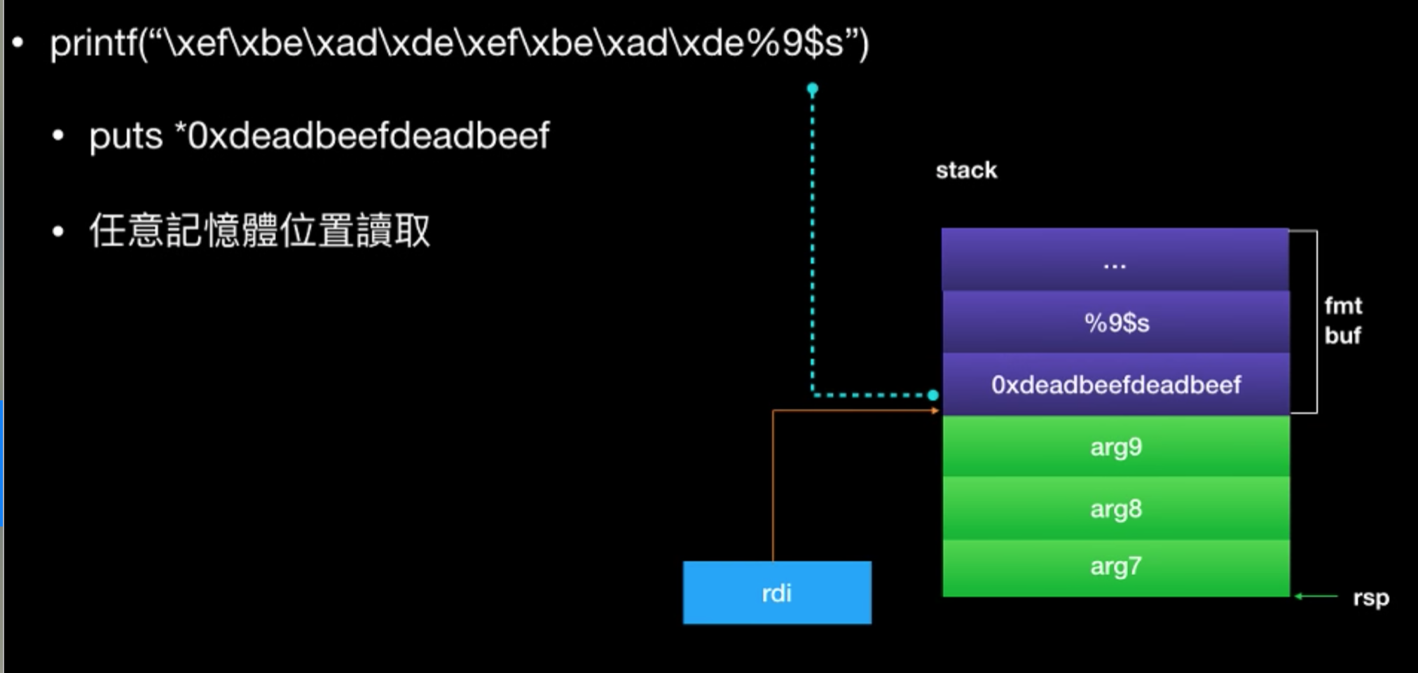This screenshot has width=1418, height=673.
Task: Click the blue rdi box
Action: (x=777, y=592)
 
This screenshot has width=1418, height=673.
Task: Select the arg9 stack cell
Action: (x=1116, y=447)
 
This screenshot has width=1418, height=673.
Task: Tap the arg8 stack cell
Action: (x=1116, y=508)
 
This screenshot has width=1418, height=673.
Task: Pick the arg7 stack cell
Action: (x=1116, y=566)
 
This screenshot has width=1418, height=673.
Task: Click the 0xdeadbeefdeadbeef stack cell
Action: (x=1116, y=384)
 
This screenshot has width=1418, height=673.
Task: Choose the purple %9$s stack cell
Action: (x=1116, y=322)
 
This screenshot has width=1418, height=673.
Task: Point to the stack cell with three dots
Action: (x=1115, y=261)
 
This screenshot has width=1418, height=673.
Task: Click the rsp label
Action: (x=1370, y=598)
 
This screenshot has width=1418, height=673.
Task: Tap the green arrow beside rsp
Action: (x=1315, y=597)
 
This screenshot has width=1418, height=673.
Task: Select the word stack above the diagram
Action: (x=966, y=170)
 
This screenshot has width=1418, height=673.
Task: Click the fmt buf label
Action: (x=1342, y=320)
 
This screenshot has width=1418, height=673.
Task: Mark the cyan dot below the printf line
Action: (x=813, y=89)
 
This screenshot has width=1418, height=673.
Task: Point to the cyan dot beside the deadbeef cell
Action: (x=933, y=395)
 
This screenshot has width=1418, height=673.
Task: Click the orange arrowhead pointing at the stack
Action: (x=935, y=411)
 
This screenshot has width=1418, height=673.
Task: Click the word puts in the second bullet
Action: (x=126, y=136)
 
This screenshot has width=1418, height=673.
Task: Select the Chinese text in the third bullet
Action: (x=259, y=231)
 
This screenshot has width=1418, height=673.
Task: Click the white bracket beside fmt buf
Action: (x=1316, y=321)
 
